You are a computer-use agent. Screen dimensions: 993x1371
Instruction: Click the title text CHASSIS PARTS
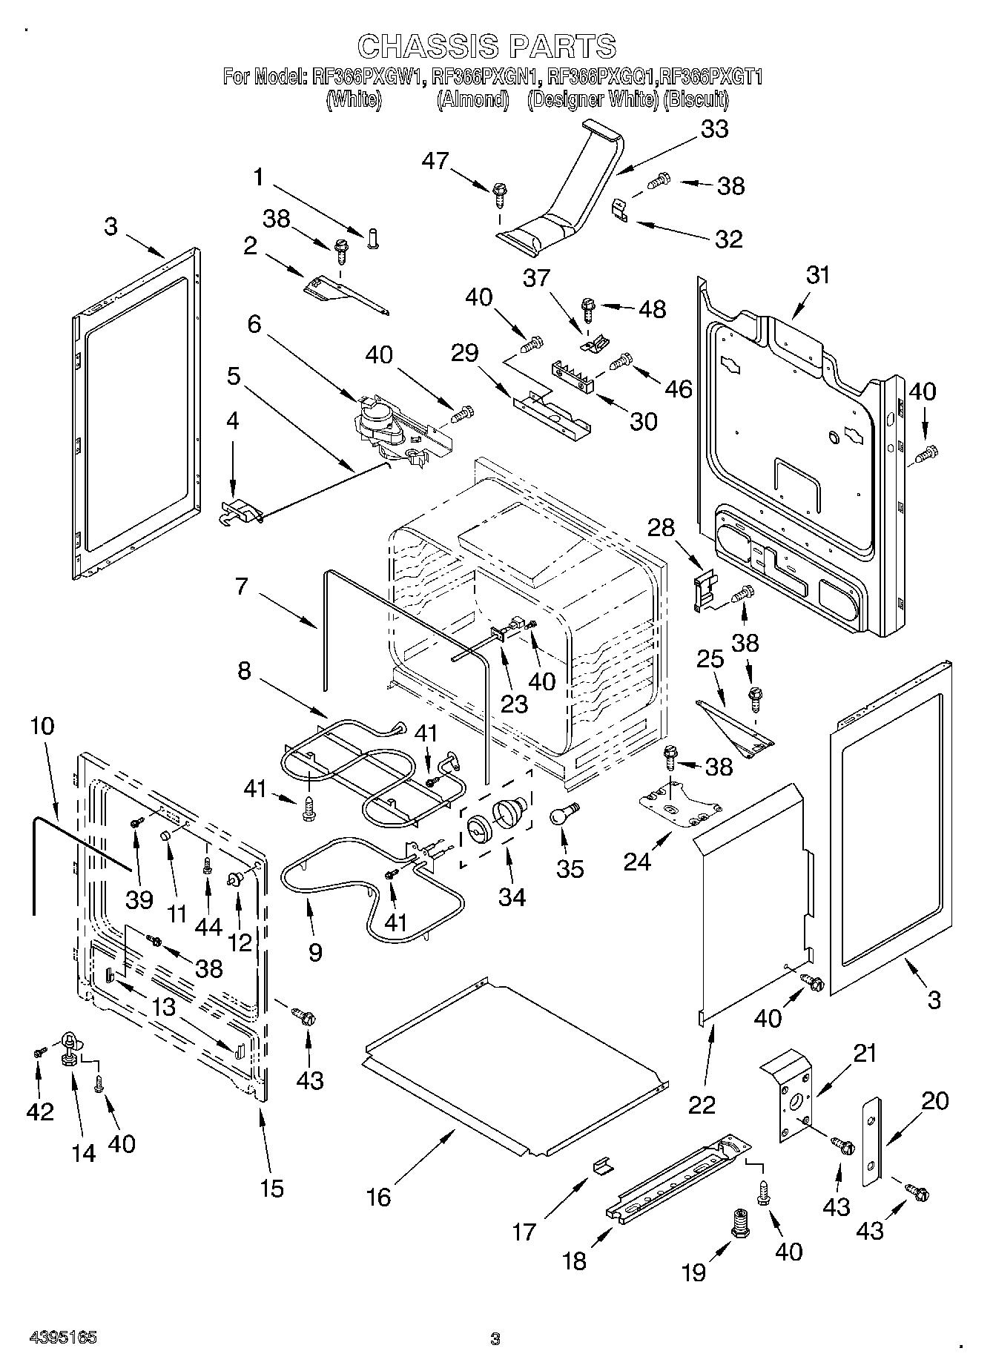pyautogui.click(x=486, y=46)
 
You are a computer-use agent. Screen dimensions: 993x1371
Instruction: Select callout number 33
pyautogui.click(x=715, y=128)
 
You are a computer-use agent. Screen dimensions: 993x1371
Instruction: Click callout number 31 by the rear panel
pyautogui.click(x=818, y=276)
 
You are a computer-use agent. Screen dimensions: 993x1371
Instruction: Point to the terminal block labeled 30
pyautogui.click(x=575, y=376)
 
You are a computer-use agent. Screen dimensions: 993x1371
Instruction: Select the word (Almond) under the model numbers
pyautogui.click(x=472, y=99)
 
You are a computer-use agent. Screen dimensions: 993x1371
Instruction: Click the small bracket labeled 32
pyautogui.click(x=621, y=209)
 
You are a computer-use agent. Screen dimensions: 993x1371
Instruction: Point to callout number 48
pyautogui.click(x=652, y=308)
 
